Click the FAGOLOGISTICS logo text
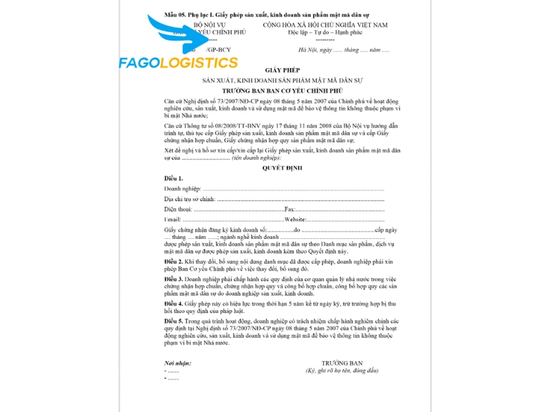pos(178,63)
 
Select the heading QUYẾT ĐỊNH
pos(282,168)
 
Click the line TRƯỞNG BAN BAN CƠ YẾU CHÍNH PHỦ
pos(282,91)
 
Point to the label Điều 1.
pos(174,179)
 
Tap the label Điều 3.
pos(173,279)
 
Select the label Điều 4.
pos(173,303)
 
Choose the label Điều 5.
pos(173,320)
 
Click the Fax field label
pos(289,208)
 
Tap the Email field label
pos(173,218)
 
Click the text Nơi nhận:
pos(178,363)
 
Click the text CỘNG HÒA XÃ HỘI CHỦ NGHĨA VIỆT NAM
pos(325,25)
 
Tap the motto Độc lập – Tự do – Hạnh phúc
pos(325,32)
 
